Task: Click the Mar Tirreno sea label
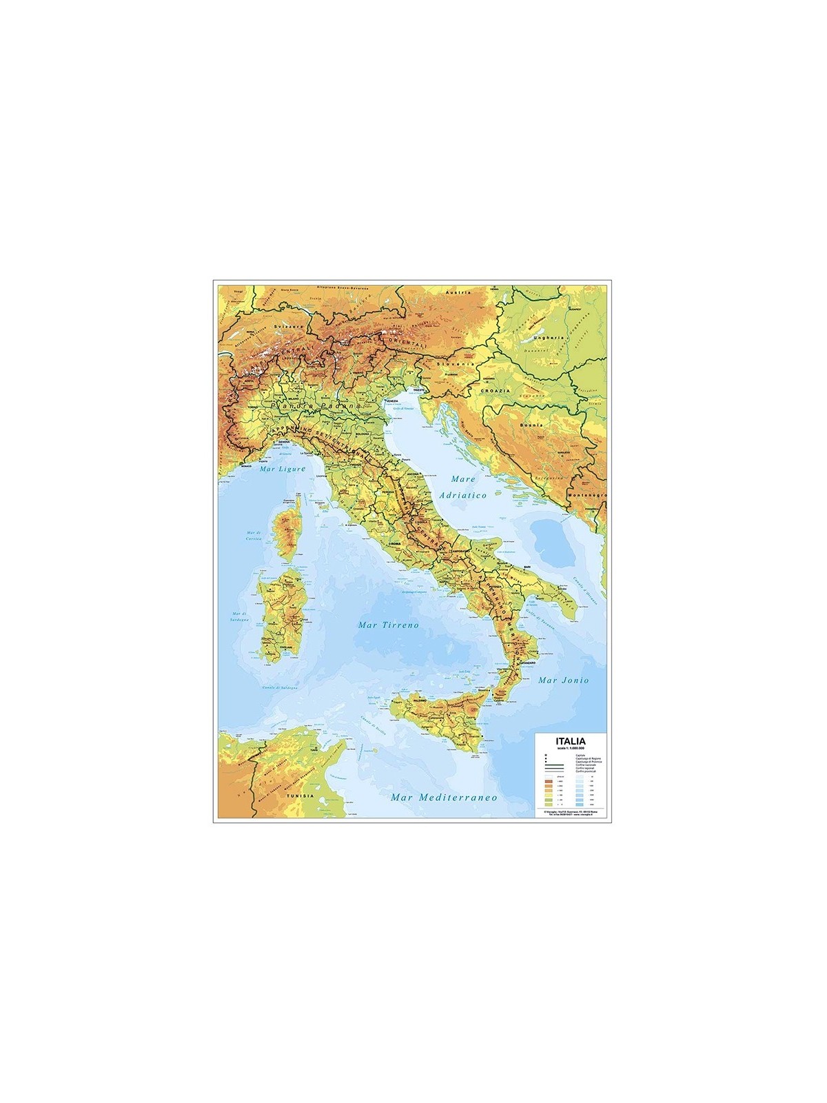389,625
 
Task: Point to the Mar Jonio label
564,680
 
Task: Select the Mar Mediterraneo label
444,797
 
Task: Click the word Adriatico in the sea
466,495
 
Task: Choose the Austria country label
458,292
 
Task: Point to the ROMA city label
395,545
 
